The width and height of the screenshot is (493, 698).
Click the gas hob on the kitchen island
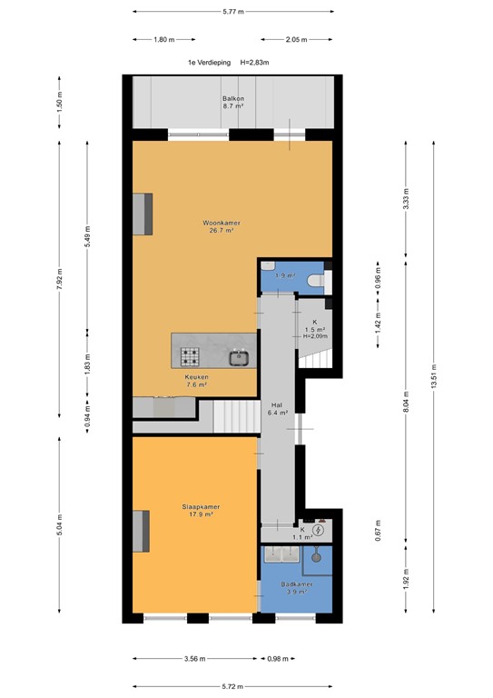pyautogui.click(x=191, y=356)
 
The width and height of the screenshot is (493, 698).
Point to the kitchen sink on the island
pyautogui.click(x=241, y=356)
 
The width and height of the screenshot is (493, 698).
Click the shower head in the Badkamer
pyautogui.click(x=318, y=551)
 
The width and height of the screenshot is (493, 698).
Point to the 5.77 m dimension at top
pyautogui.click(x=233, y=11)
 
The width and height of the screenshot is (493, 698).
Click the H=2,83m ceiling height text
pyautogui.click(x=260, y=62)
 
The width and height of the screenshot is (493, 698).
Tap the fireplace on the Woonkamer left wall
pyautogui.click(x=142, y=214)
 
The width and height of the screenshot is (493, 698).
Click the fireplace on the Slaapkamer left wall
pyautogui.click(x=142, y=531)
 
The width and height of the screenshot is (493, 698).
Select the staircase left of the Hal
pyautogui.click(x=237, y=419)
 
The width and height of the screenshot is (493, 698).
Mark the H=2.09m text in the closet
pyautogui.click(x=315, y=335)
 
